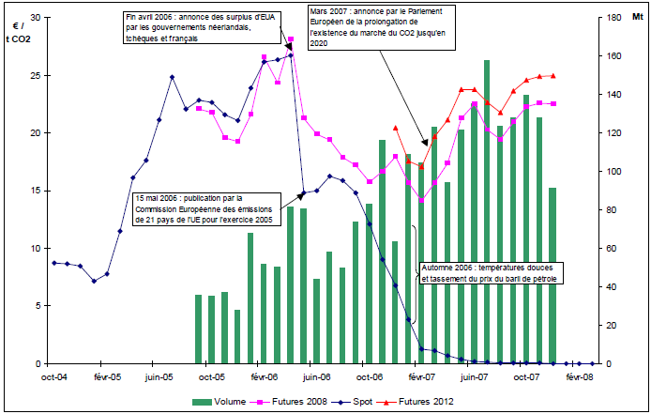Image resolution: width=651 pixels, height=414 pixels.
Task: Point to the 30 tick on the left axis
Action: tap(36, 18)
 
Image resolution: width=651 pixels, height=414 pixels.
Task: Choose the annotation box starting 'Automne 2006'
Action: tap(490, 273)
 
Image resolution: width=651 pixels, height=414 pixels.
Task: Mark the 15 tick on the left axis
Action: tap(36, 191)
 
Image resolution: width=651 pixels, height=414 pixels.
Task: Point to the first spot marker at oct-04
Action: tap(54, 263)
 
